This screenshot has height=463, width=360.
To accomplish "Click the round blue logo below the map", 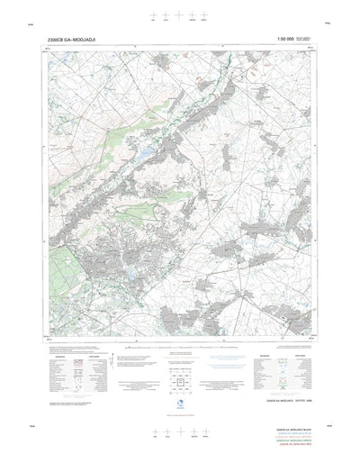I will coord(180,380).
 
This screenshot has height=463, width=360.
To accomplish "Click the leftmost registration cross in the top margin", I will coord(155,14).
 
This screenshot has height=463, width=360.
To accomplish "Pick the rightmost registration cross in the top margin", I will coord(206,14).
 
